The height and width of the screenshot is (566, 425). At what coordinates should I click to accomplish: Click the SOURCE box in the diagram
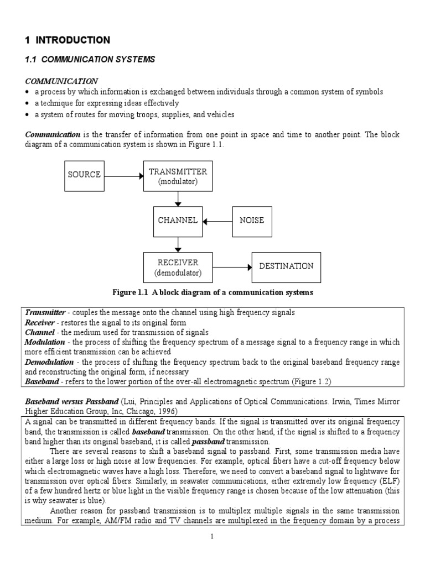(x=84, y=175)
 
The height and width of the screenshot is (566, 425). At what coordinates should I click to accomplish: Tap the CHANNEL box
(x=178, y=221)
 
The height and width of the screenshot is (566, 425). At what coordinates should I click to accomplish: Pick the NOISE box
(x=252, y=221)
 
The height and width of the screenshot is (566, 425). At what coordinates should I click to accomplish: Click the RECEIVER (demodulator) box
(x=178, y=267)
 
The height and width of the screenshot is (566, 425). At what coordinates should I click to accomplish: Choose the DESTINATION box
(x=286, y=266)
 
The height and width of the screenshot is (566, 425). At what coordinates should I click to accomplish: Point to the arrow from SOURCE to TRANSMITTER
(x=123, y=176)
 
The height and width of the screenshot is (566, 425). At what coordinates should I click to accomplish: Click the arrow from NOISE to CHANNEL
(x=218, y=221)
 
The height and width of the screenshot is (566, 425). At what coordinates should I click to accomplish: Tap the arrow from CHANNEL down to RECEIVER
(x=178, y=244)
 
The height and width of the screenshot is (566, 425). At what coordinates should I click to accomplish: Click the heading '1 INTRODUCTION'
(x=68, y=40)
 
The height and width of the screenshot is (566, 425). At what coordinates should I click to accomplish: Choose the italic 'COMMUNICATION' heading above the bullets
(x=61, y=81)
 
